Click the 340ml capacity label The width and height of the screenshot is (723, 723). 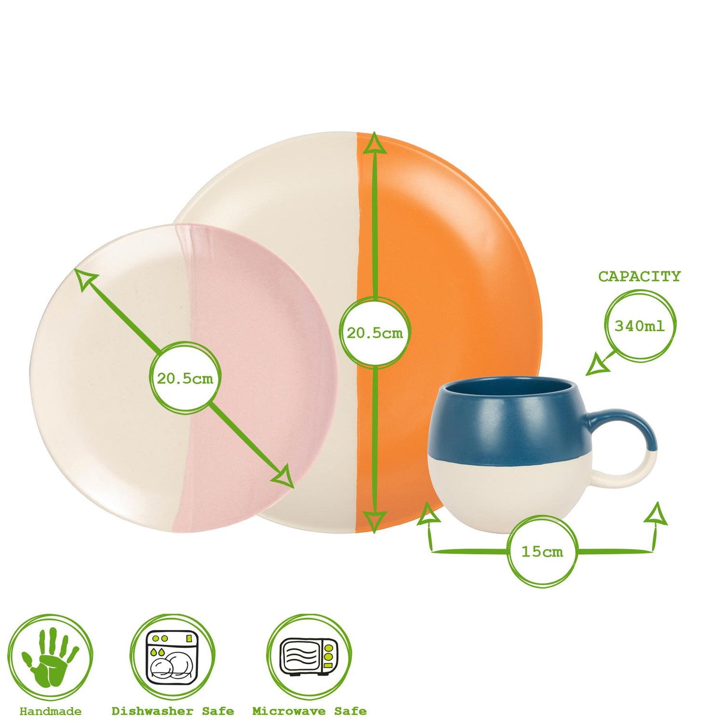click(639, 326)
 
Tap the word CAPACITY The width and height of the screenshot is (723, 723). click(639, 277)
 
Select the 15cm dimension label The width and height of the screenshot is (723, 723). click(542, 551)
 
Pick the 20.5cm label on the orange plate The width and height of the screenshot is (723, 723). click(375, 333)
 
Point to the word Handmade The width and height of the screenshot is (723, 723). click(51, 711)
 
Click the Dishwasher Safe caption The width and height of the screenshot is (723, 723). click(173, 711)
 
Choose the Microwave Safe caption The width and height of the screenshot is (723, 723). click(309, 711)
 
